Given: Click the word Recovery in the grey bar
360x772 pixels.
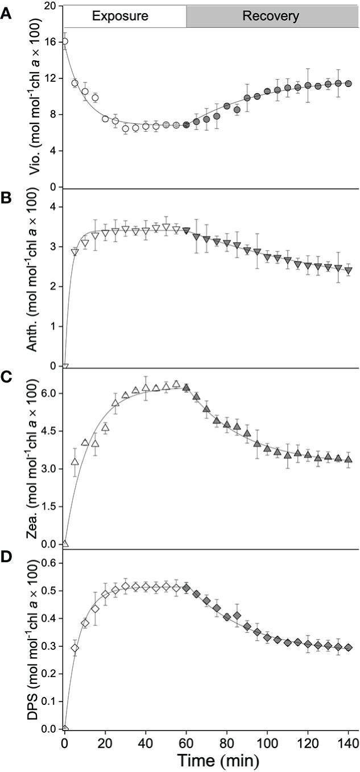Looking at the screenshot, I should pos(271,16).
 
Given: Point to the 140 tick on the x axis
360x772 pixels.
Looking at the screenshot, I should pos(348,742).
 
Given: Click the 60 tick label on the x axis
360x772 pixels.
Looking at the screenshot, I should pos(186,742).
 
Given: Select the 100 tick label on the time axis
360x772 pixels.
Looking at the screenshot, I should pos(267,742).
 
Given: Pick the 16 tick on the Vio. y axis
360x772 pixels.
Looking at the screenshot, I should pos(50,42).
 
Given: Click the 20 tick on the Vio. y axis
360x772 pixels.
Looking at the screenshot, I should pos(50,6).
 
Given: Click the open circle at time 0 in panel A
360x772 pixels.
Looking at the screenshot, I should pos(65,41).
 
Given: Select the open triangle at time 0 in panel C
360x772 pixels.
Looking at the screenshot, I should pos(65,543).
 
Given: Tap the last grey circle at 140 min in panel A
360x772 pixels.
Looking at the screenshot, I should pos(348,83).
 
